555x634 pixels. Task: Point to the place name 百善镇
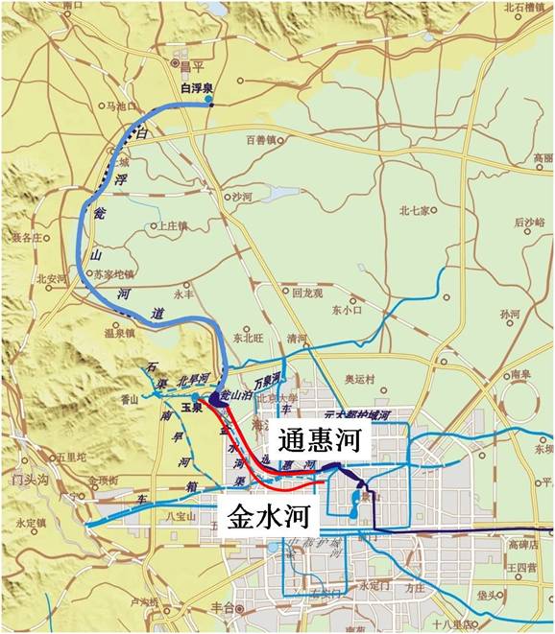[261, 140]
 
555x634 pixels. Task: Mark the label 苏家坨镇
[114, 273]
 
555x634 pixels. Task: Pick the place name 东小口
[346, 310]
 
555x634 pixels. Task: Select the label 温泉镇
[118, 335]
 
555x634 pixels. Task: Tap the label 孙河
[510, 314]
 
